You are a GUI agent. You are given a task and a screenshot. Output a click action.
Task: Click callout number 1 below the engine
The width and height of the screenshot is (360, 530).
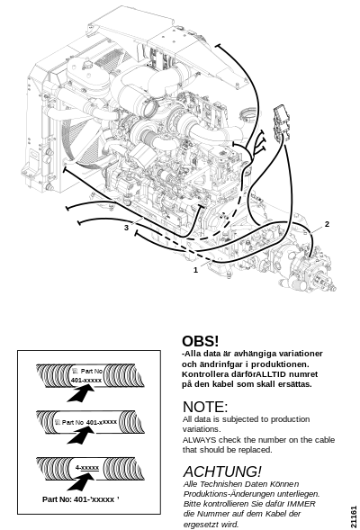(x=195, y=270)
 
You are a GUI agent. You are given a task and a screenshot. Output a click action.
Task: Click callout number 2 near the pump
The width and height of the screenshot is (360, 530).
(x=327, y=224)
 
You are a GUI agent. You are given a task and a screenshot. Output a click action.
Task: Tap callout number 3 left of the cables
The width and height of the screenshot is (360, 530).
(x=126, y=228)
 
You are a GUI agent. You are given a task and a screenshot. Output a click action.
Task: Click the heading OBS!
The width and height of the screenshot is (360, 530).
(x=201, y=341)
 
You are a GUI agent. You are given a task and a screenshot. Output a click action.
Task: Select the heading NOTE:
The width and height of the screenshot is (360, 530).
(x=205, y=407)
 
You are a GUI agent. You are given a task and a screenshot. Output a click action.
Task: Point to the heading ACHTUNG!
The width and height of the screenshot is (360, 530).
(x=222, y=472)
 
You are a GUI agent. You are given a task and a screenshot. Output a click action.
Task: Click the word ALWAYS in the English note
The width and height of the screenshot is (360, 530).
(x=199, y=440)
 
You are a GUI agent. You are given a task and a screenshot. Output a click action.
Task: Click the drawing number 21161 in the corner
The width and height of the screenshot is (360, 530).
(x=353, y=517)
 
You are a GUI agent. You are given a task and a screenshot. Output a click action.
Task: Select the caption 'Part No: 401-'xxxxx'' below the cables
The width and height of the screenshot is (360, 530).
(x=81, y=499)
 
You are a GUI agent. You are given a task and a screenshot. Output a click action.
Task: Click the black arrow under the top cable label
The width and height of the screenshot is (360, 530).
(x=80, y=393)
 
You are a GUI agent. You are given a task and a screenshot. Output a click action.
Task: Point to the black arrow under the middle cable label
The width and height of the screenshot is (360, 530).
(x=80, y=435)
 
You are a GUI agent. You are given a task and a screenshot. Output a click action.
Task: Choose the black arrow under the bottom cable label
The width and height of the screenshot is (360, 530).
(x=80, y=481)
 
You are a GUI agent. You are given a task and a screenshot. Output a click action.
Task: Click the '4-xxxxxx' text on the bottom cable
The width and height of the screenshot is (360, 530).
(x=87, y=468)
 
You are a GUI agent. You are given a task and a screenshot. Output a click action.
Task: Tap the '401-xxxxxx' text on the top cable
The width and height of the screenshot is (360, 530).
(x=86, y=381)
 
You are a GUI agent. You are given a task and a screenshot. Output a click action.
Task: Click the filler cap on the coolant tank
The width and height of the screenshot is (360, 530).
(x=88, y=64)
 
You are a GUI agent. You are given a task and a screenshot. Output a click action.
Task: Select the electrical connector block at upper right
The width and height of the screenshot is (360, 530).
(x=282, y=122)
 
